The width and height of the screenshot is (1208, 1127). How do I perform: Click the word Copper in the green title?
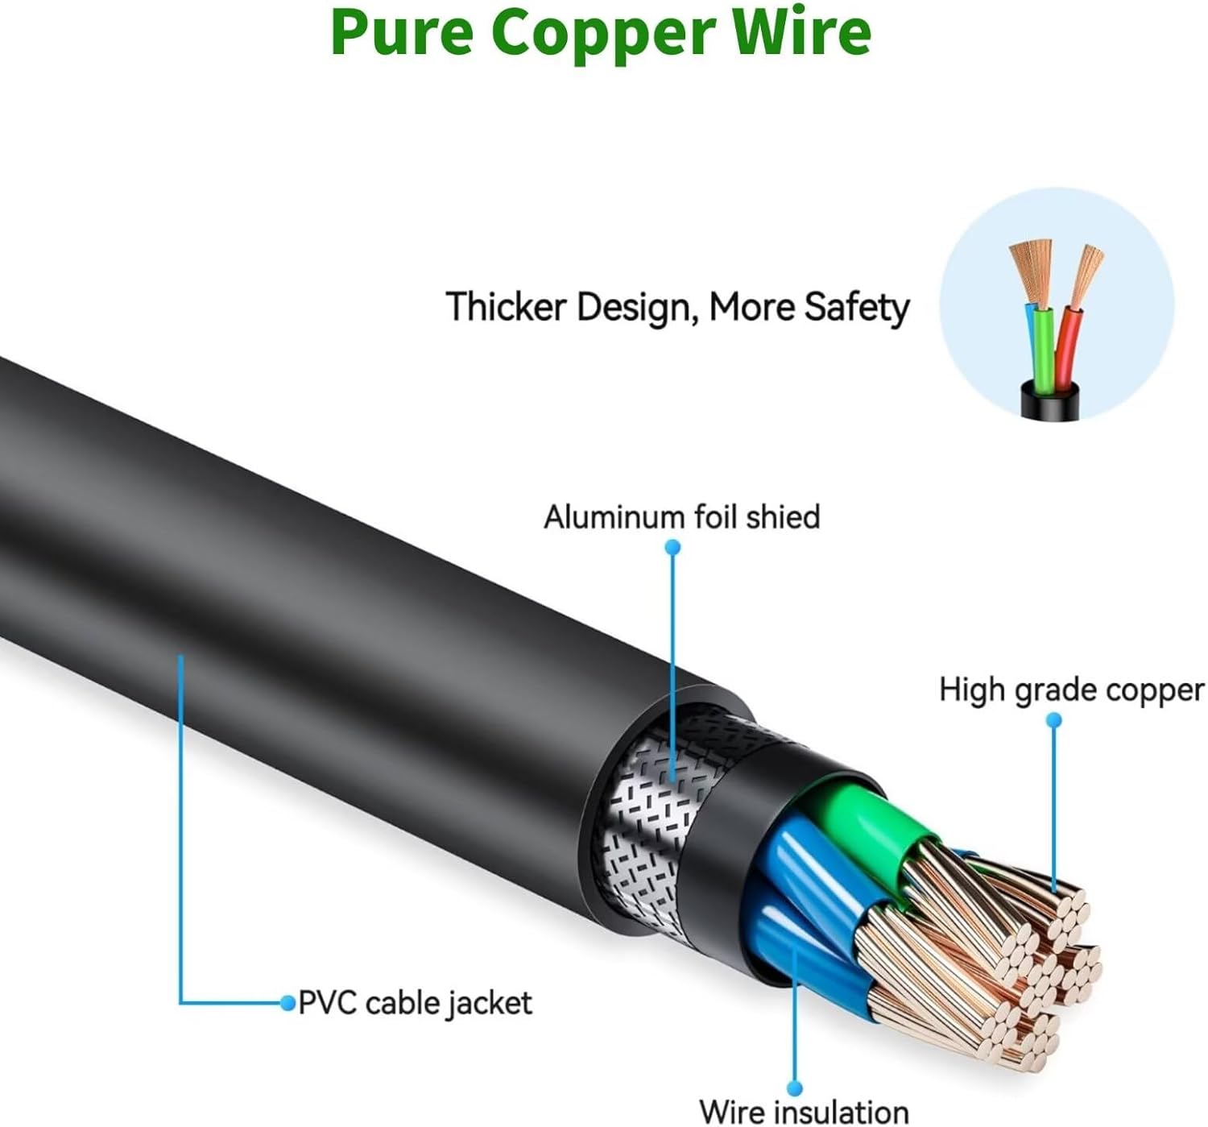603,32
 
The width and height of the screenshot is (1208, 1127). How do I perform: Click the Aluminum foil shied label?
681,517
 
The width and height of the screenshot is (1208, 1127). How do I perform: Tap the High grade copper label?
1071,690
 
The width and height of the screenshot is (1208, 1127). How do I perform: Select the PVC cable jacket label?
415,1003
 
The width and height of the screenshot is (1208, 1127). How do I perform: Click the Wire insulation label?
804,1112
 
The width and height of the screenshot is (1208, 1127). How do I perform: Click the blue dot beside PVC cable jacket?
288,1003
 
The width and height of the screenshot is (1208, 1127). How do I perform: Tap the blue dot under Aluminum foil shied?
673,548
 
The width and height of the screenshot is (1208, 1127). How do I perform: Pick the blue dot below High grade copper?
1053,719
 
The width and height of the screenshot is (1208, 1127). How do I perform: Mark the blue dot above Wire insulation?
795,1088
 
